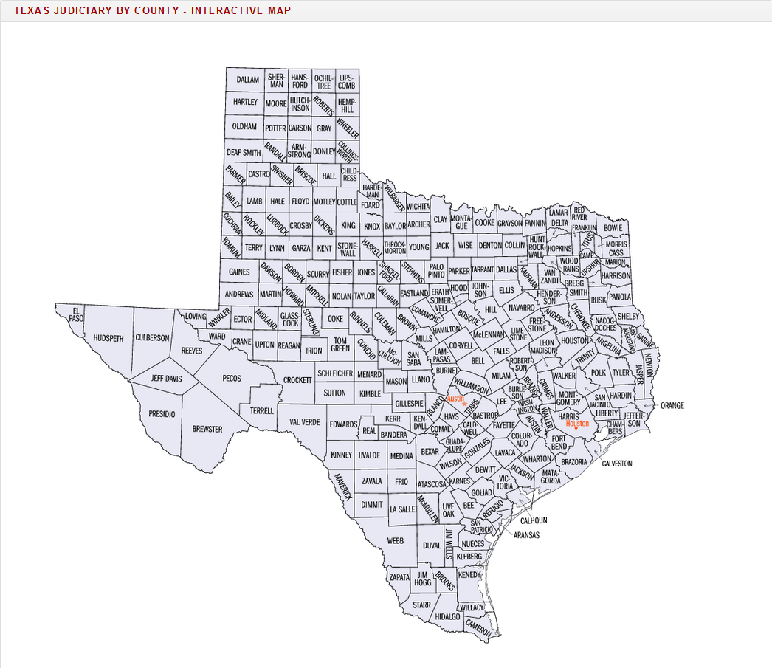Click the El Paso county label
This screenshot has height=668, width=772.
point(75,314)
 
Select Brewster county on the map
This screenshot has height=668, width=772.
point(207,429)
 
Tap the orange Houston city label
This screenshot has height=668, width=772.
point(577,424)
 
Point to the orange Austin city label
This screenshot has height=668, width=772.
point(455,398)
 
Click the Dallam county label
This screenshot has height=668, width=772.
point(248,79)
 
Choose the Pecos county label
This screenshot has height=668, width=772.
point(231,378)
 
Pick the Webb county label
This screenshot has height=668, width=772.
point(396,540)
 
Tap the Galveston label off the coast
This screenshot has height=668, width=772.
point(617,464)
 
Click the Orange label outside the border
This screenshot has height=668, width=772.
point(672,405)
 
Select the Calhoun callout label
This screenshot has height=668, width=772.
point(534,520)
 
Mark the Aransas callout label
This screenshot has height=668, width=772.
point(527,534)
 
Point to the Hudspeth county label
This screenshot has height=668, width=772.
point(108,338)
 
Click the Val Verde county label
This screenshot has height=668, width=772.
point(305,422)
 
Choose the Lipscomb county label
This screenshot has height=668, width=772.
point(346,81)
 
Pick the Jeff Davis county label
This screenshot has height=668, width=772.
point(166,378)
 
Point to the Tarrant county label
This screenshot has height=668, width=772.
point(482,270)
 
